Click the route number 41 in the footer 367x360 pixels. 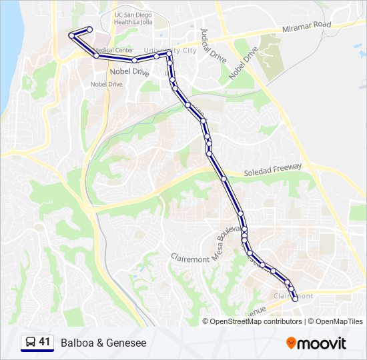(x=45, y=342)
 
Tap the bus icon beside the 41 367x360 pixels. (x=31, y=342)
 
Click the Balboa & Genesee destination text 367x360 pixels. (x=103, y=343)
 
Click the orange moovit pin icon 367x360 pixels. (x=291, y=343)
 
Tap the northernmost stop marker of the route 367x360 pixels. (x=89, y=29)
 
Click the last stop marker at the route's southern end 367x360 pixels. (x=295, y=299)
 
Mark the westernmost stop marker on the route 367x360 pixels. (x=71, y=35)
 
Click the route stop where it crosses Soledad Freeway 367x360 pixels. (x=224, y=179)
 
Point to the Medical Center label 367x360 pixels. (x=114, y=50)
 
